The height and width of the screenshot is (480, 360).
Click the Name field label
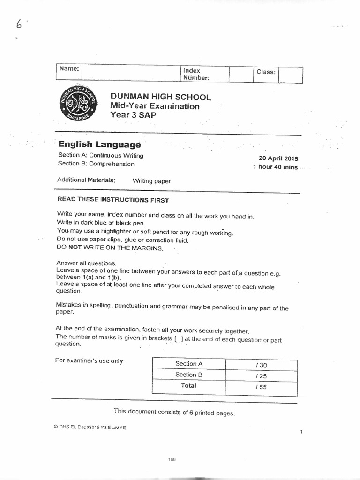click(x=68, y=68)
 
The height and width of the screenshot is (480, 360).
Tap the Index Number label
click(x=195, y=74)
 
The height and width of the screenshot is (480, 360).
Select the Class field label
click(x=266, y=72)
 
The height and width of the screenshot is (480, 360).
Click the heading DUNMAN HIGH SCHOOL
click(x=160, y=97)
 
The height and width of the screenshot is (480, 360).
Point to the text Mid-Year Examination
click(x=155, y=106)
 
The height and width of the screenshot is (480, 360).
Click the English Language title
click(x=99, y=145)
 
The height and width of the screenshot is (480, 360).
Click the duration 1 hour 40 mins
click(x=275, y=167)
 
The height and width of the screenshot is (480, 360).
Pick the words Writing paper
click(x=152, y=181)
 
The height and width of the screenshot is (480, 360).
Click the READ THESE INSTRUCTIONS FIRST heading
click(x=113, y=199)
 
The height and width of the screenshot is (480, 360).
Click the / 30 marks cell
click(x=261, y=365)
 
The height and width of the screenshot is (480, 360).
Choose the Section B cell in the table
click(x=188, y=375)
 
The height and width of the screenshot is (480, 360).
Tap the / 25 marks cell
click(x=261, y=376)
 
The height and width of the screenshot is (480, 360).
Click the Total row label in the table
click(x=188, y=386)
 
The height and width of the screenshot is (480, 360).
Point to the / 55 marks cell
click(x=261, y=387)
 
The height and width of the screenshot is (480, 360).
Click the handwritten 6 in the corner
click(x=19, y=24)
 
